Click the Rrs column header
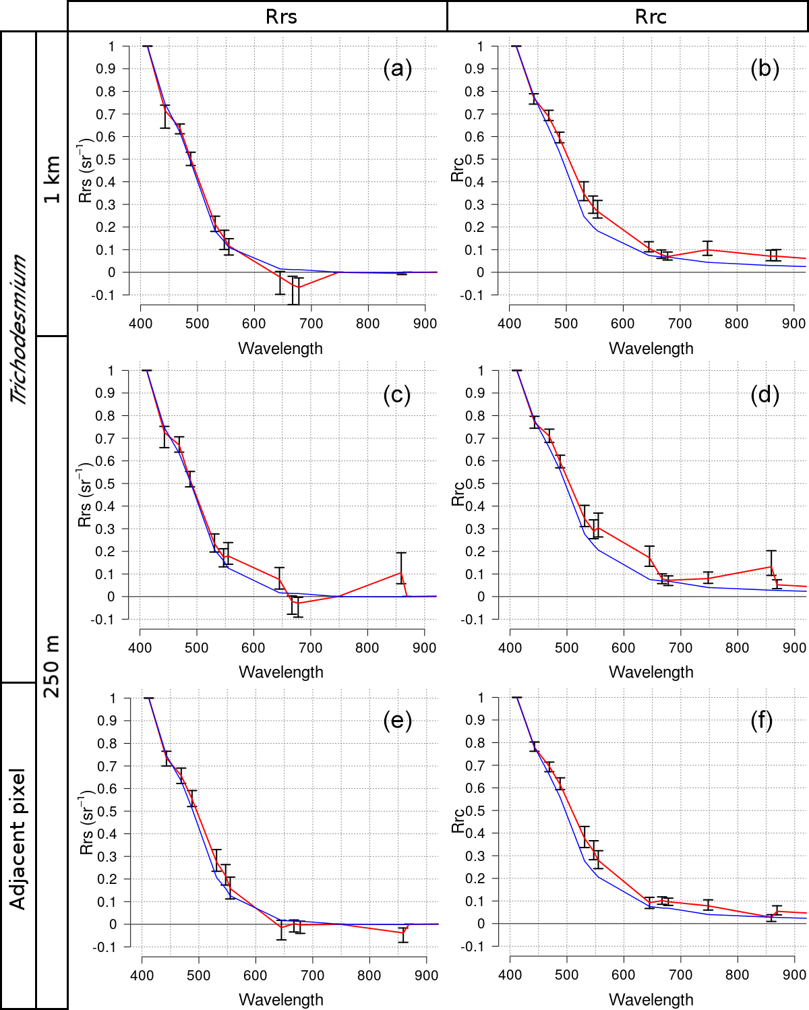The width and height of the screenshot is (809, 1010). coord(281,16)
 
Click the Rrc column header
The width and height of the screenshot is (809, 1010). coord(651,16)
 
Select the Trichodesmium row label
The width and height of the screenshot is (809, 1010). coord(19,329)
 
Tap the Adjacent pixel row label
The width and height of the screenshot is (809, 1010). coord(18,839)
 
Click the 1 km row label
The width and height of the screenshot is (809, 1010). coord(52,179)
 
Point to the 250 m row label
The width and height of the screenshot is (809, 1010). coord(52,666)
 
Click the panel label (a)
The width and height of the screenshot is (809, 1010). coord(397,68)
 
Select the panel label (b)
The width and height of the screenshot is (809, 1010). coord(765,68)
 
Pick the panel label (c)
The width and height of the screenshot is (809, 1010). coord(397,394)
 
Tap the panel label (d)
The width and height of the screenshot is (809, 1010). coord(765,394)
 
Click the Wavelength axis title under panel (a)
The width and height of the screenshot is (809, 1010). coord(280,349)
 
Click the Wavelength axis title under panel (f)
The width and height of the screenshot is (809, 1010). coord(651,999)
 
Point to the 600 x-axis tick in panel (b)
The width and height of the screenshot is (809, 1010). coord(623,324)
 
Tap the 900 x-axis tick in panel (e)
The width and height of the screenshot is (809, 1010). coord(426,975)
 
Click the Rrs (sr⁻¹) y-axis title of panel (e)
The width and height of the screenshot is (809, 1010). coord(86,823)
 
